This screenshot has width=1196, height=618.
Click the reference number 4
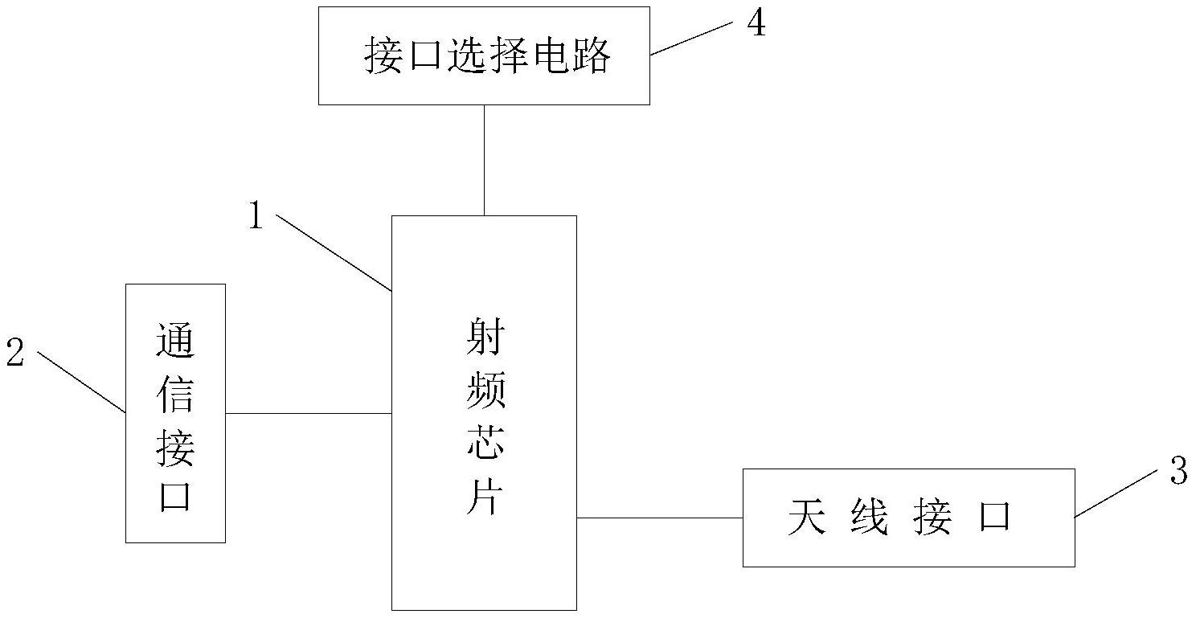coord(756,24)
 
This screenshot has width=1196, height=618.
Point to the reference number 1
coord(256,215)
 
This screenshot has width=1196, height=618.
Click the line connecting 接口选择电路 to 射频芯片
coord(484,160)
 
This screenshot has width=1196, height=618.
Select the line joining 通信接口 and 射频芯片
coord(308,414)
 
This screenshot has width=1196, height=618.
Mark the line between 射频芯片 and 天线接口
coord(659,518)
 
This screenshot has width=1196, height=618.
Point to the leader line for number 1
coord(334,252)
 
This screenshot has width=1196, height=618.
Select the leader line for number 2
coord(80,382)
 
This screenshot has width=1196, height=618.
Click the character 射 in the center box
coord(485,340)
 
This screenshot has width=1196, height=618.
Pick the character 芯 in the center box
coord(485,443)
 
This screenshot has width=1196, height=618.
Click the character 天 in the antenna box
coord(807,518)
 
